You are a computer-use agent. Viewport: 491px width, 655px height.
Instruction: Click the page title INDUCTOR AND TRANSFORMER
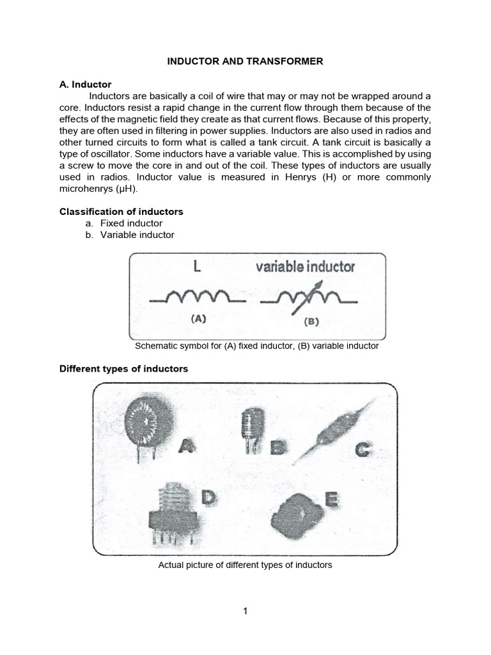pyautogui.click(x=245, y=61)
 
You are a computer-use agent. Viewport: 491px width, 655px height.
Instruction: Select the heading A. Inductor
pyautogui.click(x=86, y=84)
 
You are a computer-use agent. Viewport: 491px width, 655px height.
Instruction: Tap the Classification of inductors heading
pyautogui.click(x=121, y=212)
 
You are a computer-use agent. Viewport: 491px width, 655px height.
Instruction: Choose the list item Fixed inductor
pyautogui.click(x=131, y=223)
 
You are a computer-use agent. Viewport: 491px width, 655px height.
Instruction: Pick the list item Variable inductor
pyautogui.click(x=137, y=235)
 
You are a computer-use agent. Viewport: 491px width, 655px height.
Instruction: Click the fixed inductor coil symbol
pyautogui.click(x=198, y=297)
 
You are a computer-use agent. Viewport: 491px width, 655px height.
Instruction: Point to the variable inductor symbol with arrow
pyautogui.click(x=308, y=297)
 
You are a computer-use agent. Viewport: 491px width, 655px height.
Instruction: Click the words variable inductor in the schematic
pyautogui.click(x=305, y=267)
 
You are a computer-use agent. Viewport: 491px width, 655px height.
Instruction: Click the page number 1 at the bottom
pyautogui.click(x=245, y=611)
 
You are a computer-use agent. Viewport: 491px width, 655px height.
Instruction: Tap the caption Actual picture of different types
pyautogui.click(x=245, y=565)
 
